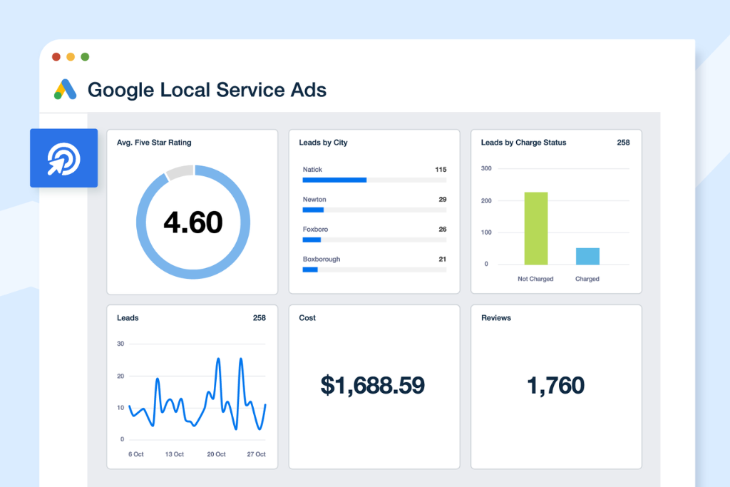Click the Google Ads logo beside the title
pos(65,90)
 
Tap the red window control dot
pos(56,57)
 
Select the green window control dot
pos(85,57)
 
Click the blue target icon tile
pos(63,158)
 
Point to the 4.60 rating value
pos(192,222)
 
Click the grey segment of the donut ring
pos(180,172)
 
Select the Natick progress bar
pos(334,180)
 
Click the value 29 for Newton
pos(442,200)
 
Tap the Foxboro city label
pos(314,230)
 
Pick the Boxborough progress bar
pos(310,270)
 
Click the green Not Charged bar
pos(536,228)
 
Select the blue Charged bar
pos(587,256)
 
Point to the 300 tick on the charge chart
pos(485,169)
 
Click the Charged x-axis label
pos(587,279)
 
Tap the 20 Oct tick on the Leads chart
pos(216,454)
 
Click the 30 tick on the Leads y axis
pos(120,344)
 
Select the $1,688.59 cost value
pos(373,386)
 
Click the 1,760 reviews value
pos(555,386)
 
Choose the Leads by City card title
pos(323,143)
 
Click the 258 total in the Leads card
pos(259,318)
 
